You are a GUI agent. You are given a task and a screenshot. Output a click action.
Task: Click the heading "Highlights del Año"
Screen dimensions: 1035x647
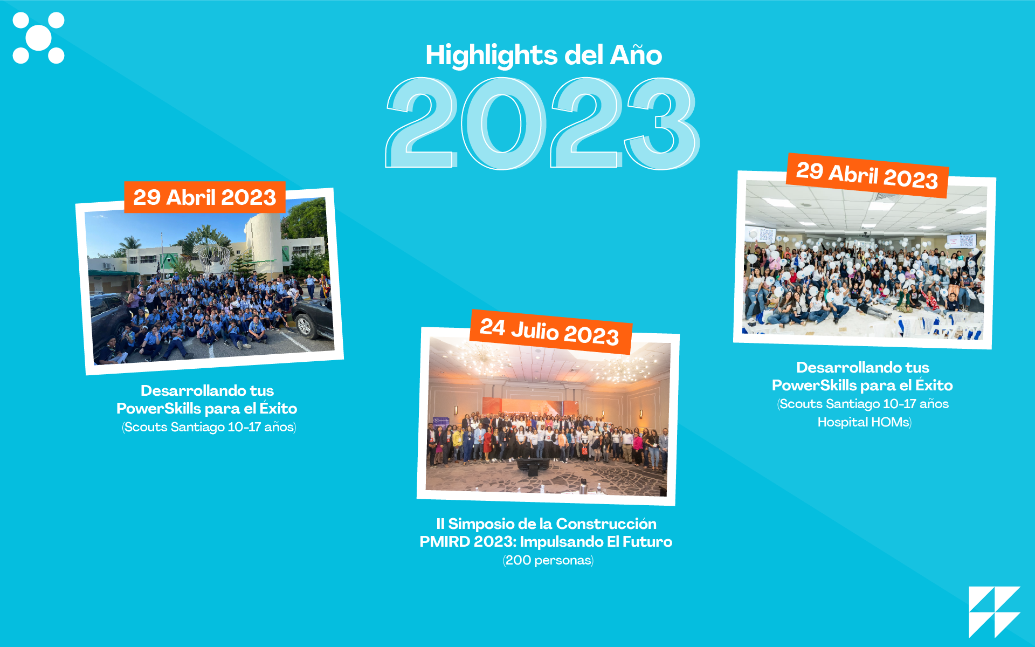pos(543,55)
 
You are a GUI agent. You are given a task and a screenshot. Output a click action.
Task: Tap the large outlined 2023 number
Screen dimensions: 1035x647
pos(542,123)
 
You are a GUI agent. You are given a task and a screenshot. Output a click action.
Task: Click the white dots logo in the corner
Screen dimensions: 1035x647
pos(38,38)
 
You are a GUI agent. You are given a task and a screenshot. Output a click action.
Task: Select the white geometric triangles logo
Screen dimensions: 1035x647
pos(995,612)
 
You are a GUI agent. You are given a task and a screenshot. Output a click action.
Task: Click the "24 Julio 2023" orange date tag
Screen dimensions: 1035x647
pos(550,332)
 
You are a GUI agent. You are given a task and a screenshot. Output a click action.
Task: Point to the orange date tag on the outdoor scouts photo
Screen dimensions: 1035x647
pos(205,197)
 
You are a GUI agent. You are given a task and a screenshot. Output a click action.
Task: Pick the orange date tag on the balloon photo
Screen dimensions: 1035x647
pos(867,176)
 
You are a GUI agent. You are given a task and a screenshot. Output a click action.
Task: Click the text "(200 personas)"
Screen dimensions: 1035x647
pos(548,560)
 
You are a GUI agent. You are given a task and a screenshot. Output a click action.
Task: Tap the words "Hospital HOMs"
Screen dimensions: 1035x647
pos(864,422)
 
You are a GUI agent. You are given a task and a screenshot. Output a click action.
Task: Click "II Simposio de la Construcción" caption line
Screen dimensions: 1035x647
pos(546,524)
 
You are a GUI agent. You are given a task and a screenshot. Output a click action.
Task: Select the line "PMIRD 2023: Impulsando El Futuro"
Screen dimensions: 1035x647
pos(546,541)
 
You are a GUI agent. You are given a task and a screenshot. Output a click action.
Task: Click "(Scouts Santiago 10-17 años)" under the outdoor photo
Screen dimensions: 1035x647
pos(209,427)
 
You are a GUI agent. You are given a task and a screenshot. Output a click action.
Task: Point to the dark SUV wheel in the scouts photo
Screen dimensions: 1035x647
pos(305,326)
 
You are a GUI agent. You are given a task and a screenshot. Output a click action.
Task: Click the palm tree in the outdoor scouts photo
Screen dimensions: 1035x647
pos(130,245)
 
